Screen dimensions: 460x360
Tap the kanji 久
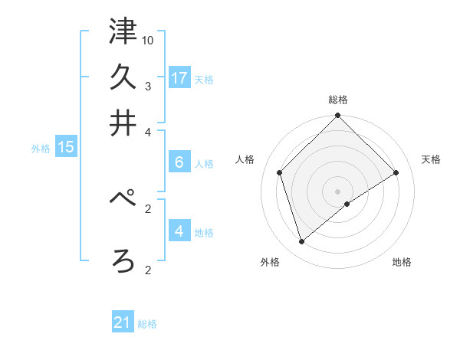pyautogui.click(x=123, y=77)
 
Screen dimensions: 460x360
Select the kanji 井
pyautogui.click(x=123, y=123)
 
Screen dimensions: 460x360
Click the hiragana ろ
pyautogui.click(x=123, y=260)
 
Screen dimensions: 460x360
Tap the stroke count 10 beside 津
pyautogui.click(x=148, y=40)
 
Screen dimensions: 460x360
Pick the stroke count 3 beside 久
pyautogui.click(x=148, y=86)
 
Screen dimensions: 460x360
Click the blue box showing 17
pyautogui.click(x=179, y=77)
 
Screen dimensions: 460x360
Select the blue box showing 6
pyautogui.click(x=179, y=162)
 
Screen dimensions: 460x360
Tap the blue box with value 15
pyautogui.click(x=65, y=147)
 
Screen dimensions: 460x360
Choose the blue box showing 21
pyautogui.click(x=123, y=322)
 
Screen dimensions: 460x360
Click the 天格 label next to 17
pyautogui.click(x=204, y=79)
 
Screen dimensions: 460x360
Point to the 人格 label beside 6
pyautogui.click(x=204, y=164)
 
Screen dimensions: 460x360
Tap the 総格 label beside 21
pyautogui.click(x=147, y=324)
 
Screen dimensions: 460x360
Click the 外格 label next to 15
pyautogui.click(x=41, y=149)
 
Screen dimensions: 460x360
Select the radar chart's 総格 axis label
pyautogui.click(x=338, y=100)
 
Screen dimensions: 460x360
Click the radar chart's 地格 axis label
pyautogui.click(x=402, y=263)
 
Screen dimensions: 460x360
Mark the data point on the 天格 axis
pyautogui.click(x=396, y=172)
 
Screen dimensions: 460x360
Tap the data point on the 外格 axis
pyautogui.click(x=302, y=242)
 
